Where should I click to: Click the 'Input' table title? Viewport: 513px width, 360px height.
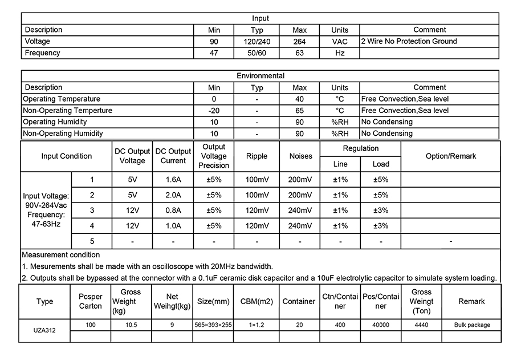[260, 18]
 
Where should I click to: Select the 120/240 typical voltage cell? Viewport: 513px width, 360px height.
[257, 42]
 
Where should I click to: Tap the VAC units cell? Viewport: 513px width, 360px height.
[340, 42]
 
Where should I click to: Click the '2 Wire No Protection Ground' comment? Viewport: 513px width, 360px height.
[409, 41]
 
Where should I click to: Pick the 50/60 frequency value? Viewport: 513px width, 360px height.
[257, 53]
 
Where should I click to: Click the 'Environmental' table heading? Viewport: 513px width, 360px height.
[260, 76]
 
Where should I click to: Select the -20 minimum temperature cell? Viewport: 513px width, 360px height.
[214, 111]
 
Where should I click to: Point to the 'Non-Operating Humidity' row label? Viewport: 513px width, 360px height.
[63, 134]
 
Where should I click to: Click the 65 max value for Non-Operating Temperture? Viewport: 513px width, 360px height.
[299, 111]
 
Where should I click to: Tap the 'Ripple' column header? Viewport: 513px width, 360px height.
[256, 156]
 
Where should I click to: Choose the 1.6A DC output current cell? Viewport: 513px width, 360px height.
[173, 180]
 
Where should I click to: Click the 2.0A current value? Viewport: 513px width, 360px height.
[173, 195]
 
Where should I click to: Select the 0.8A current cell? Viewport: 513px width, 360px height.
[173, 211]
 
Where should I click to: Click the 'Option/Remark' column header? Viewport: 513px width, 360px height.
[450, 156]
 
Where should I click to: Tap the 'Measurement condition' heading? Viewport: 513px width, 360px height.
[61, 255]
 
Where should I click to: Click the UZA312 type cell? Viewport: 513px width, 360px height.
[44, 330]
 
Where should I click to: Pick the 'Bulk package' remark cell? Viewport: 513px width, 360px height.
[471, 325]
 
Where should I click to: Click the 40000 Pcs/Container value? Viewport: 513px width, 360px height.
[381, 325]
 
